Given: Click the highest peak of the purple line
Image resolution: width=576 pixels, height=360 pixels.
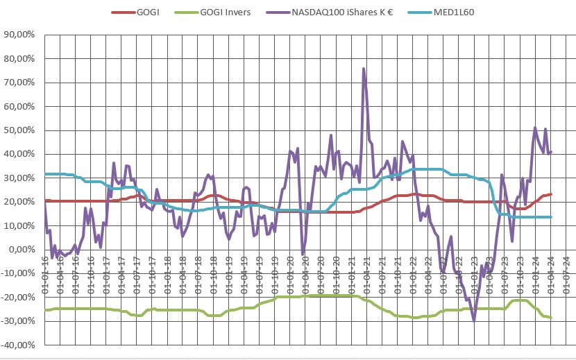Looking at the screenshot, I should click(364, 69).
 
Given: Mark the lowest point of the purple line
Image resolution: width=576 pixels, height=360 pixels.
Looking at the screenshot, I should click(474, 320).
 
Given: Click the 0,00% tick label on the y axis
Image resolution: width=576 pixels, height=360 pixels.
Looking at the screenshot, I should click(23, 250).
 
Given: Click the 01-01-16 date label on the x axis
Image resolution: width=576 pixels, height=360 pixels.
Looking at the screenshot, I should click(46, 274).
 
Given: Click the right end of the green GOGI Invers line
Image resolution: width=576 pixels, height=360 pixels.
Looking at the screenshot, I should click(551, 318).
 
